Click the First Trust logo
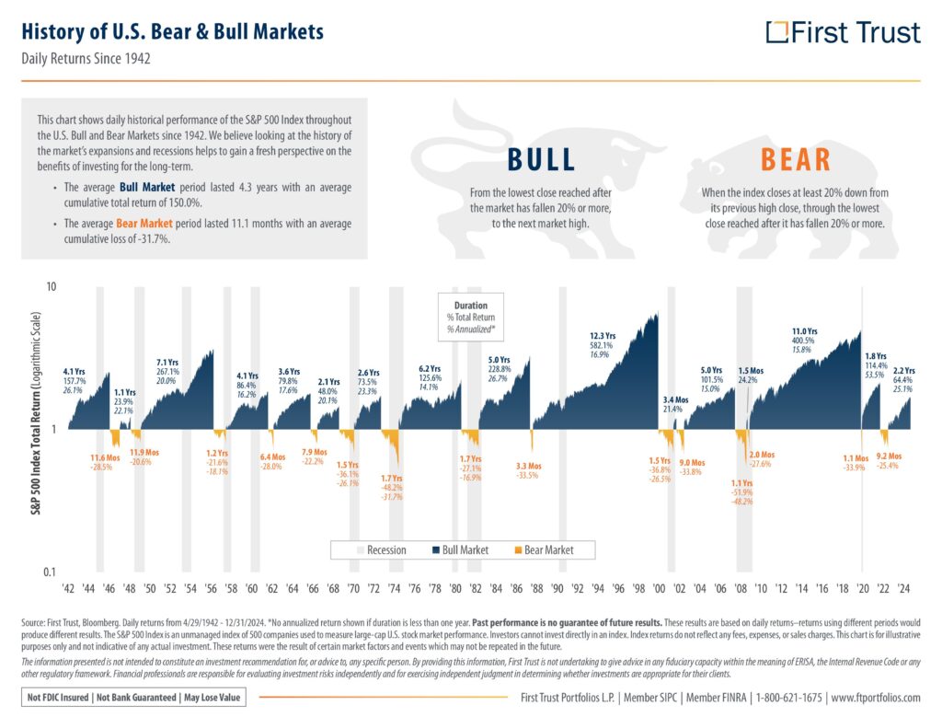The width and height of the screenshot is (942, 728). [x=843, y=33]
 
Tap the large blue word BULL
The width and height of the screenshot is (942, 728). [x=542, y=159]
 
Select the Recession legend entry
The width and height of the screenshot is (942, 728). [x=379, y=550]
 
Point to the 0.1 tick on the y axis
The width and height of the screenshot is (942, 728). [x=51, y=572]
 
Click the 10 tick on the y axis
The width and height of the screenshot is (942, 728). [x=52, y=286]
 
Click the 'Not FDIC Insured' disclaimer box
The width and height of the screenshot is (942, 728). [x=132, y=697]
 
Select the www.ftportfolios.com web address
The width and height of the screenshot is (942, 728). [x=876, y=698]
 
